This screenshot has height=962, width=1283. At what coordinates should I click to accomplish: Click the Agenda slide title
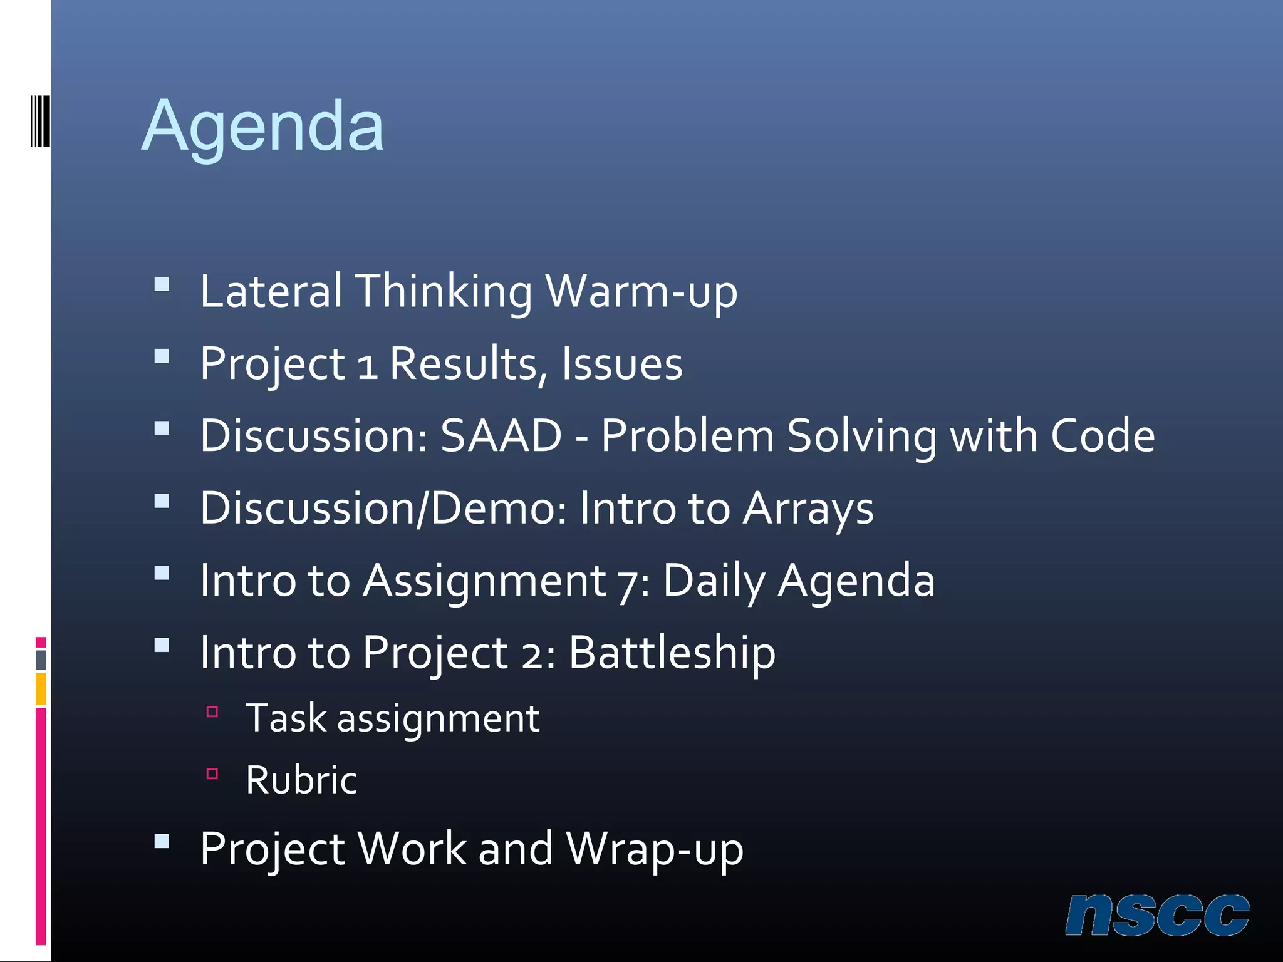coord(262,128)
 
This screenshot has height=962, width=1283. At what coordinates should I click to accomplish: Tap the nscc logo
coord(1156,916)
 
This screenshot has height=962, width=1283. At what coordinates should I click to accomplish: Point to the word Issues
coord(621,364)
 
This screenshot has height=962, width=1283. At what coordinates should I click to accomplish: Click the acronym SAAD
coord(501,436)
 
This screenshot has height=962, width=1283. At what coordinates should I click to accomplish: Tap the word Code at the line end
coord(1103,436)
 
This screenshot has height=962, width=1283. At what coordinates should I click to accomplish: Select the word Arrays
coord(808,509)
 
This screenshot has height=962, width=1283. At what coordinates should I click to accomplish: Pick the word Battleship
coord(672,653)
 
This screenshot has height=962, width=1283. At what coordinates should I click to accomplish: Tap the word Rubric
coord(301,780)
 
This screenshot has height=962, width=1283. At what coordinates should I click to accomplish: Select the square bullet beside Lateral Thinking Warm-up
coord(162,285)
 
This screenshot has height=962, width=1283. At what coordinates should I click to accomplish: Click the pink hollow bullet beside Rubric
coord(212,774)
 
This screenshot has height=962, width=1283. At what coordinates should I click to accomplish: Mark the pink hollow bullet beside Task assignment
coord(212,711)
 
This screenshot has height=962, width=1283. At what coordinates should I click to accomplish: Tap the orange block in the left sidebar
coord(41,688)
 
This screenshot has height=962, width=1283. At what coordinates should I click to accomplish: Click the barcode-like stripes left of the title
coord(41,121)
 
